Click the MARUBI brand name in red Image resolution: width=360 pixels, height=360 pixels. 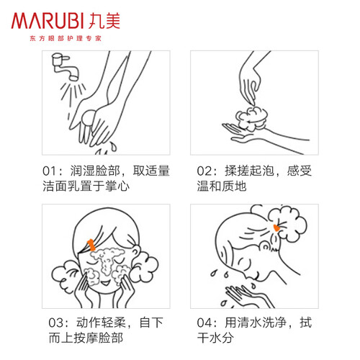pos(48,21)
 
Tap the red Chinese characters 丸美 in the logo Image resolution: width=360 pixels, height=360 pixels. pos(104,21)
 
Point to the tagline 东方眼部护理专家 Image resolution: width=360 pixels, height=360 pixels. pos(66,38)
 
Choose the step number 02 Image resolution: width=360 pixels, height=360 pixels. pos(204,171)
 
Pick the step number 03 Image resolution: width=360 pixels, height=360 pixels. pos(55,323)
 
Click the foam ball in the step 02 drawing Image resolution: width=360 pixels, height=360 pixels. pos(251,119)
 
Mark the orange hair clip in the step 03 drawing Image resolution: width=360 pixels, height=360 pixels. pos(91,245)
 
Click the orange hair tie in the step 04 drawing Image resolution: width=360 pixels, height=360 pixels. pos(276,228)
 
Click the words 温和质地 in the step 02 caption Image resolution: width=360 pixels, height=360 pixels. pos(222,186)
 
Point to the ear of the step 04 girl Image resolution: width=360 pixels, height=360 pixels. pos(266,246)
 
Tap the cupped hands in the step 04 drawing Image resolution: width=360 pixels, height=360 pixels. pos(250,296)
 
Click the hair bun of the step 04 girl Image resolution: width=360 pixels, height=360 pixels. pos(286,223)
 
